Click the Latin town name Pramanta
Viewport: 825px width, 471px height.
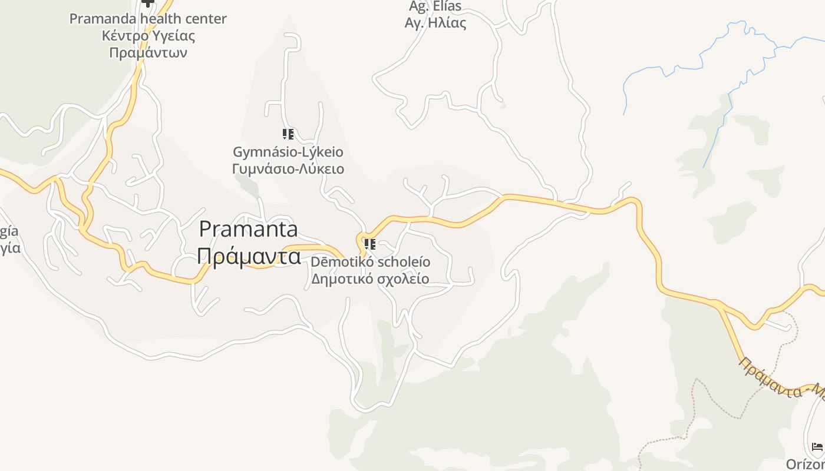(x=248, y=229)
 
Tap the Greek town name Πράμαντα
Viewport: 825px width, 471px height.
(x=248, y=256)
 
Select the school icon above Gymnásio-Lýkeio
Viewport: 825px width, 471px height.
(x=288, y=134)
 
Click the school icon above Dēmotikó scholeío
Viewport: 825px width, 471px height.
(x=370, y=244)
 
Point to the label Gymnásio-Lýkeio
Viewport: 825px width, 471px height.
(x=288, y=152)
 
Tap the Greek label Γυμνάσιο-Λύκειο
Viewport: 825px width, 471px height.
(x=288, y=170)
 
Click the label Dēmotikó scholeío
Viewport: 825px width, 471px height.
(x=371, y=261)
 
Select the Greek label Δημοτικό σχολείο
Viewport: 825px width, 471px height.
(x=370, y=278)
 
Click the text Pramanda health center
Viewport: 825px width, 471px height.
(x=148, y=19)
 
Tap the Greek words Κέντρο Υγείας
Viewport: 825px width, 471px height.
(x=148, y=36)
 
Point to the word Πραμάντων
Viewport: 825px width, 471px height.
(x=148, y=53)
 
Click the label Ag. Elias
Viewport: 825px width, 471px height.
(x=435, y=6)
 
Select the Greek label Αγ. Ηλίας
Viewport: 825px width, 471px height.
(x=435, y=24)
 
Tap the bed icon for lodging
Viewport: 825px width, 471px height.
(x=817, y=447)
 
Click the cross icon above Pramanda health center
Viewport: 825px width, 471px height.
(x=147, y=3)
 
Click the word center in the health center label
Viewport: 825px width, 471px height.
(x=204, y=19)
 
